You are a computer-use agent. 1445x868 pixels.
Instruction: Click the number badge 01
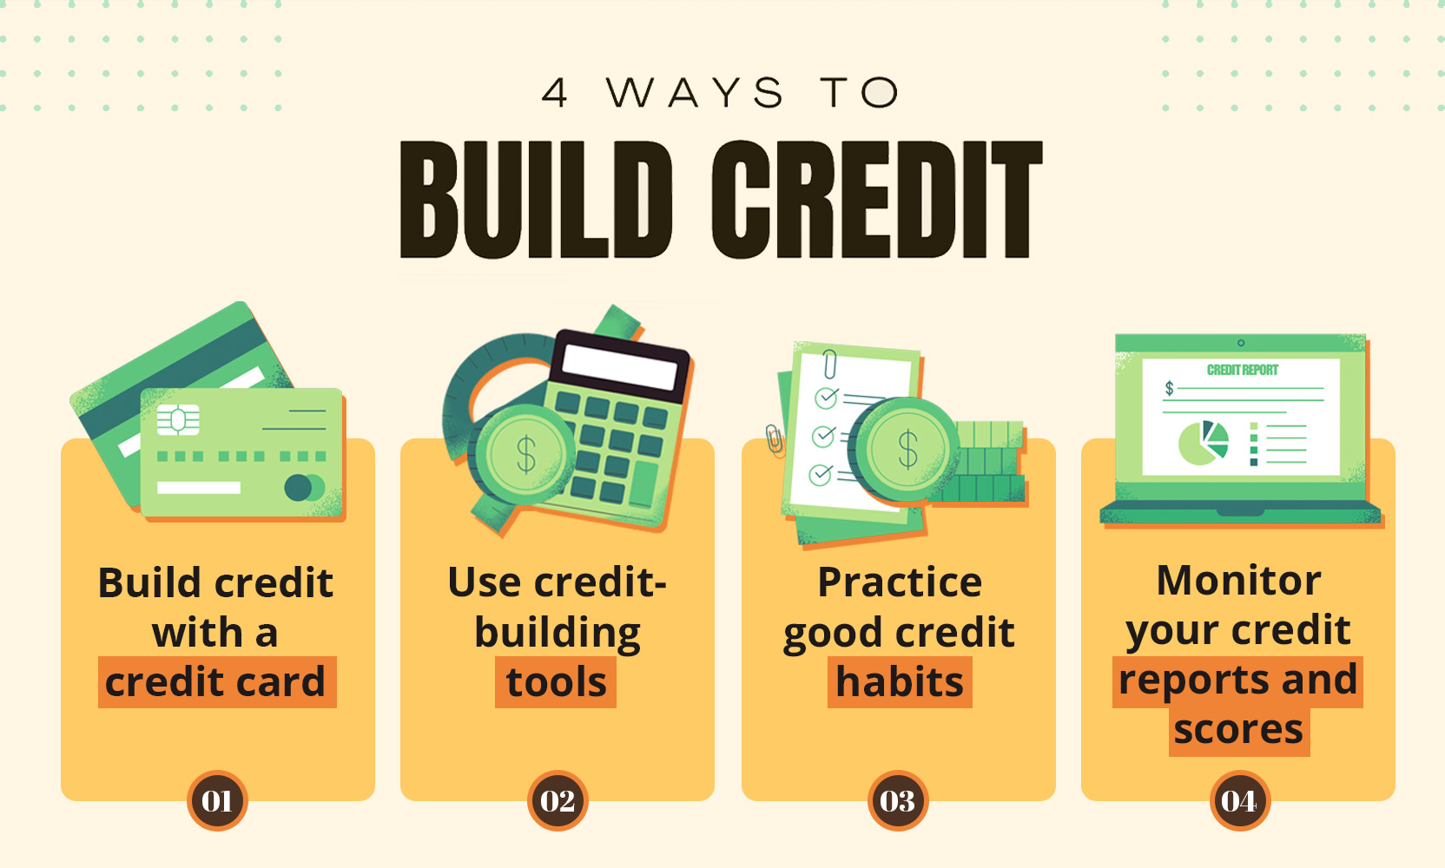point(217,801)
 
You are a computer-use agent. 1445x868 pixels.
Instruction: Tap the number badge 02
point(558,801)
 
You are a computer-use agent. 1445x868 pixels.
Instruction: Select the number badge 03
point(898,801)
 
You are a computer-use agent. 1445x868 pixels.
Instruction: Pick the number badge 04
point(1239,801)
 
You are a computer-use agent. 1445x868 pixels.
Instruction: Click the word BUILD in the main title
point(537,200)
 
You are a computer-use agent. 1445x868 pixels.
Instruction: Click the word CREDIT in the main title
point(877,200)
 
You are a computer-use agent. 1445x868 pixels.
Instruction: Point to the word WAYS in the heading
point(695,92)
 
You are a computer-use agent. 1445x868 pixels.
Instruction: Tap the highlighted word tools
point(556,682)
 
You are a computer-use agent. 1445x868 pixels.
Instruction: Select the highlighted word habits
point(900,682)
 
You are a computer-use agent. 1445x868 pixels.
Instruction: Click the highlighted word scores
point(1238,730)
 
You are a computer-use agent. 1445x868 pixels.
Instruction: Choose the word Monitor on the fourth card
point(1238,581)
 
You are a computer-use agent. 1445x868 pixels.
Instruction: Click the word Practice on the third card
point(900,582)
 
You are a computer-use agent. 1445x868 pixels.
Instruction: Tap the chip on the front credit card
point(178,420)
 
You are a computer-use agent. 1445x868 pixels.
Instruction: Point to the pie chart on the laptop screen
point(1204,443)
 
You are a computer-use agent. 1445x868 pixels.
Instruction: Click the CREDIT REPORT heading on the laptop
point(1243,370)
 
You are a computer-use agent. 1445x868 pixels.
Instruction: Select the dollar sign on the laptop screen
point(1169,388)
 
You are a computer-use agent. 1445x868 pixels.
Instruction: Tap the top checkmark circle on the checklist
point(827,398)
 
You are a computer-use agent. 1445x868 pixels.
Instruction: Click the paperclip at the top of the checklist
point(830,365)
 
